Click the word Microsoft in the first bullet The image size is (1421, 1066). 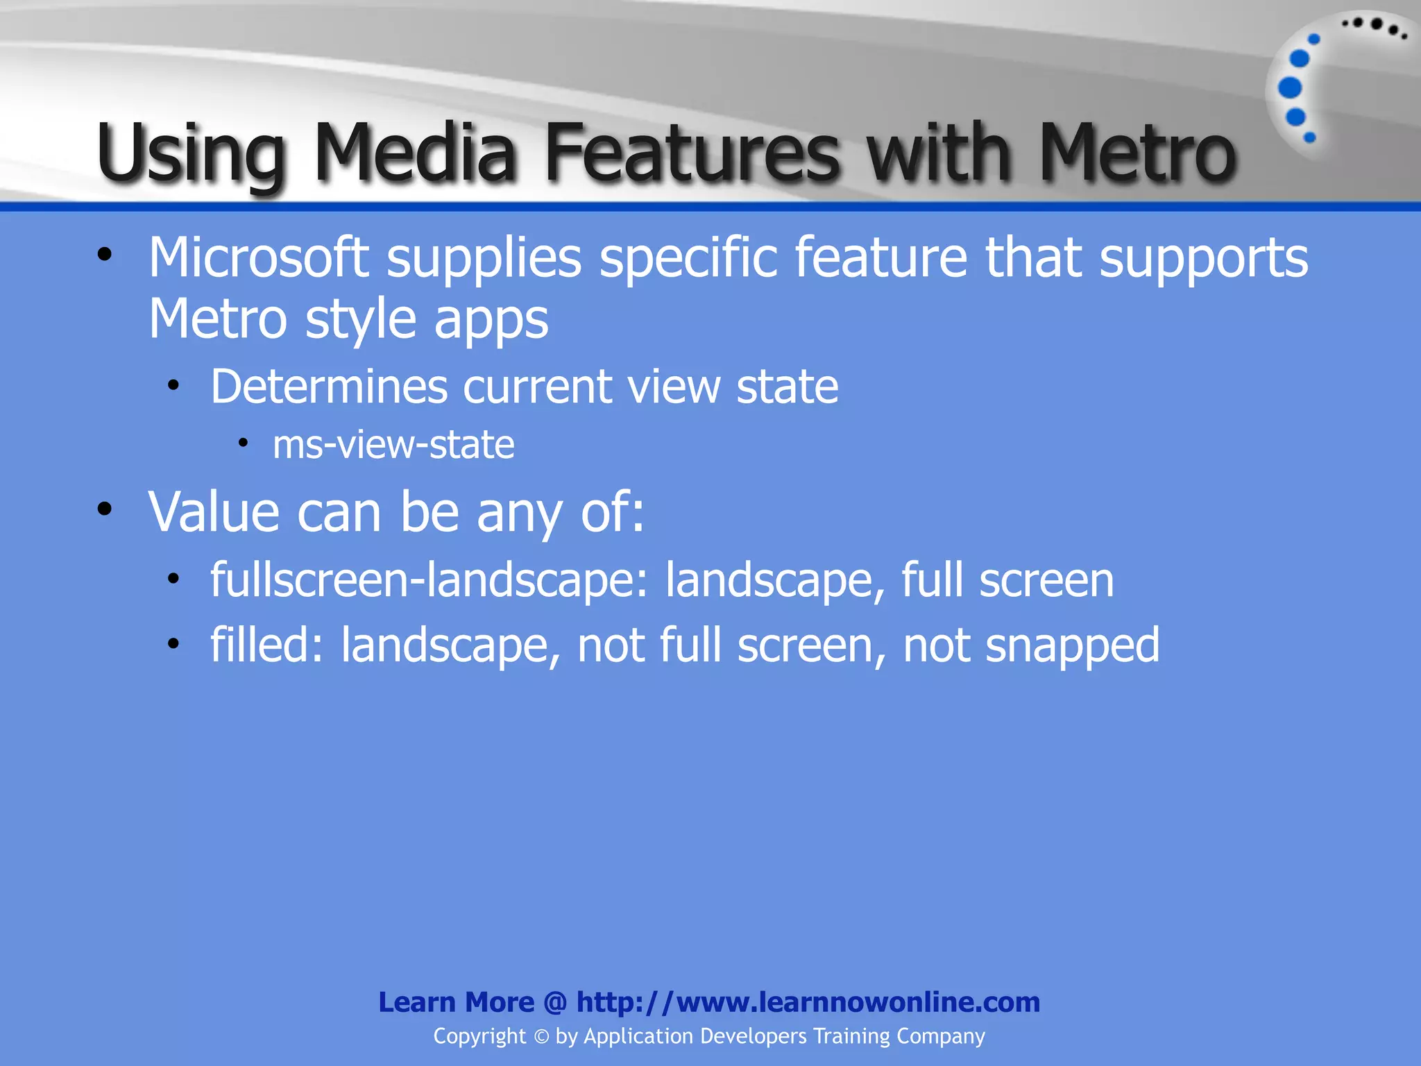pyautogui.click(x=258, y=257)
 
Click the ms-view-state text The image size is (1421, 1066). pyautogui.click(x=393, y=445)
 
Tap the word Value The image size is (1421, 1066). pyautogui.click(x=214, y=511)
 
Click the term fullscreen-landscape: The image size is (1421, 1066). pyautogui.click(x=429, y=579)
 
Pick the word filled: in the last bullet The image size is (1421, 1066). pyautogui.click(x=266, y=645)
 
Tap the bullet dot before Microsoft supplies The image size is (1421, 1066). pyautogui.click(x=105, y=255)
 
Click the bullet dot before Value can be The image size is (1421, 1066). pyautogui.click(x=105, y=509)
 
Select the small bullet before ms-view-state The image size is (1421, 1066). pyautogui.click(x=243, y=443)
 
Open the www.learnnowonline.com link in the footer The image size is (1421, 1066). pyautogui.click(x=808, y=1002)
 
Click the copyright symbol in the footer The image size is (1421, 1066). pyautogui.click(x=541, y=1037)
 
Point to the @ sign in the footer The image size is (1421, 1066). pyautogui.click(x=555, y=1003)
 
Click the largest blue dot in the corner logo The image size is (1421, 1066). pyautogui.click(x=1290, y=88)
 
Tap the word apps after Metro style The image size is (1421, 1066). pyautogui.click(x=491, y=321)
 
